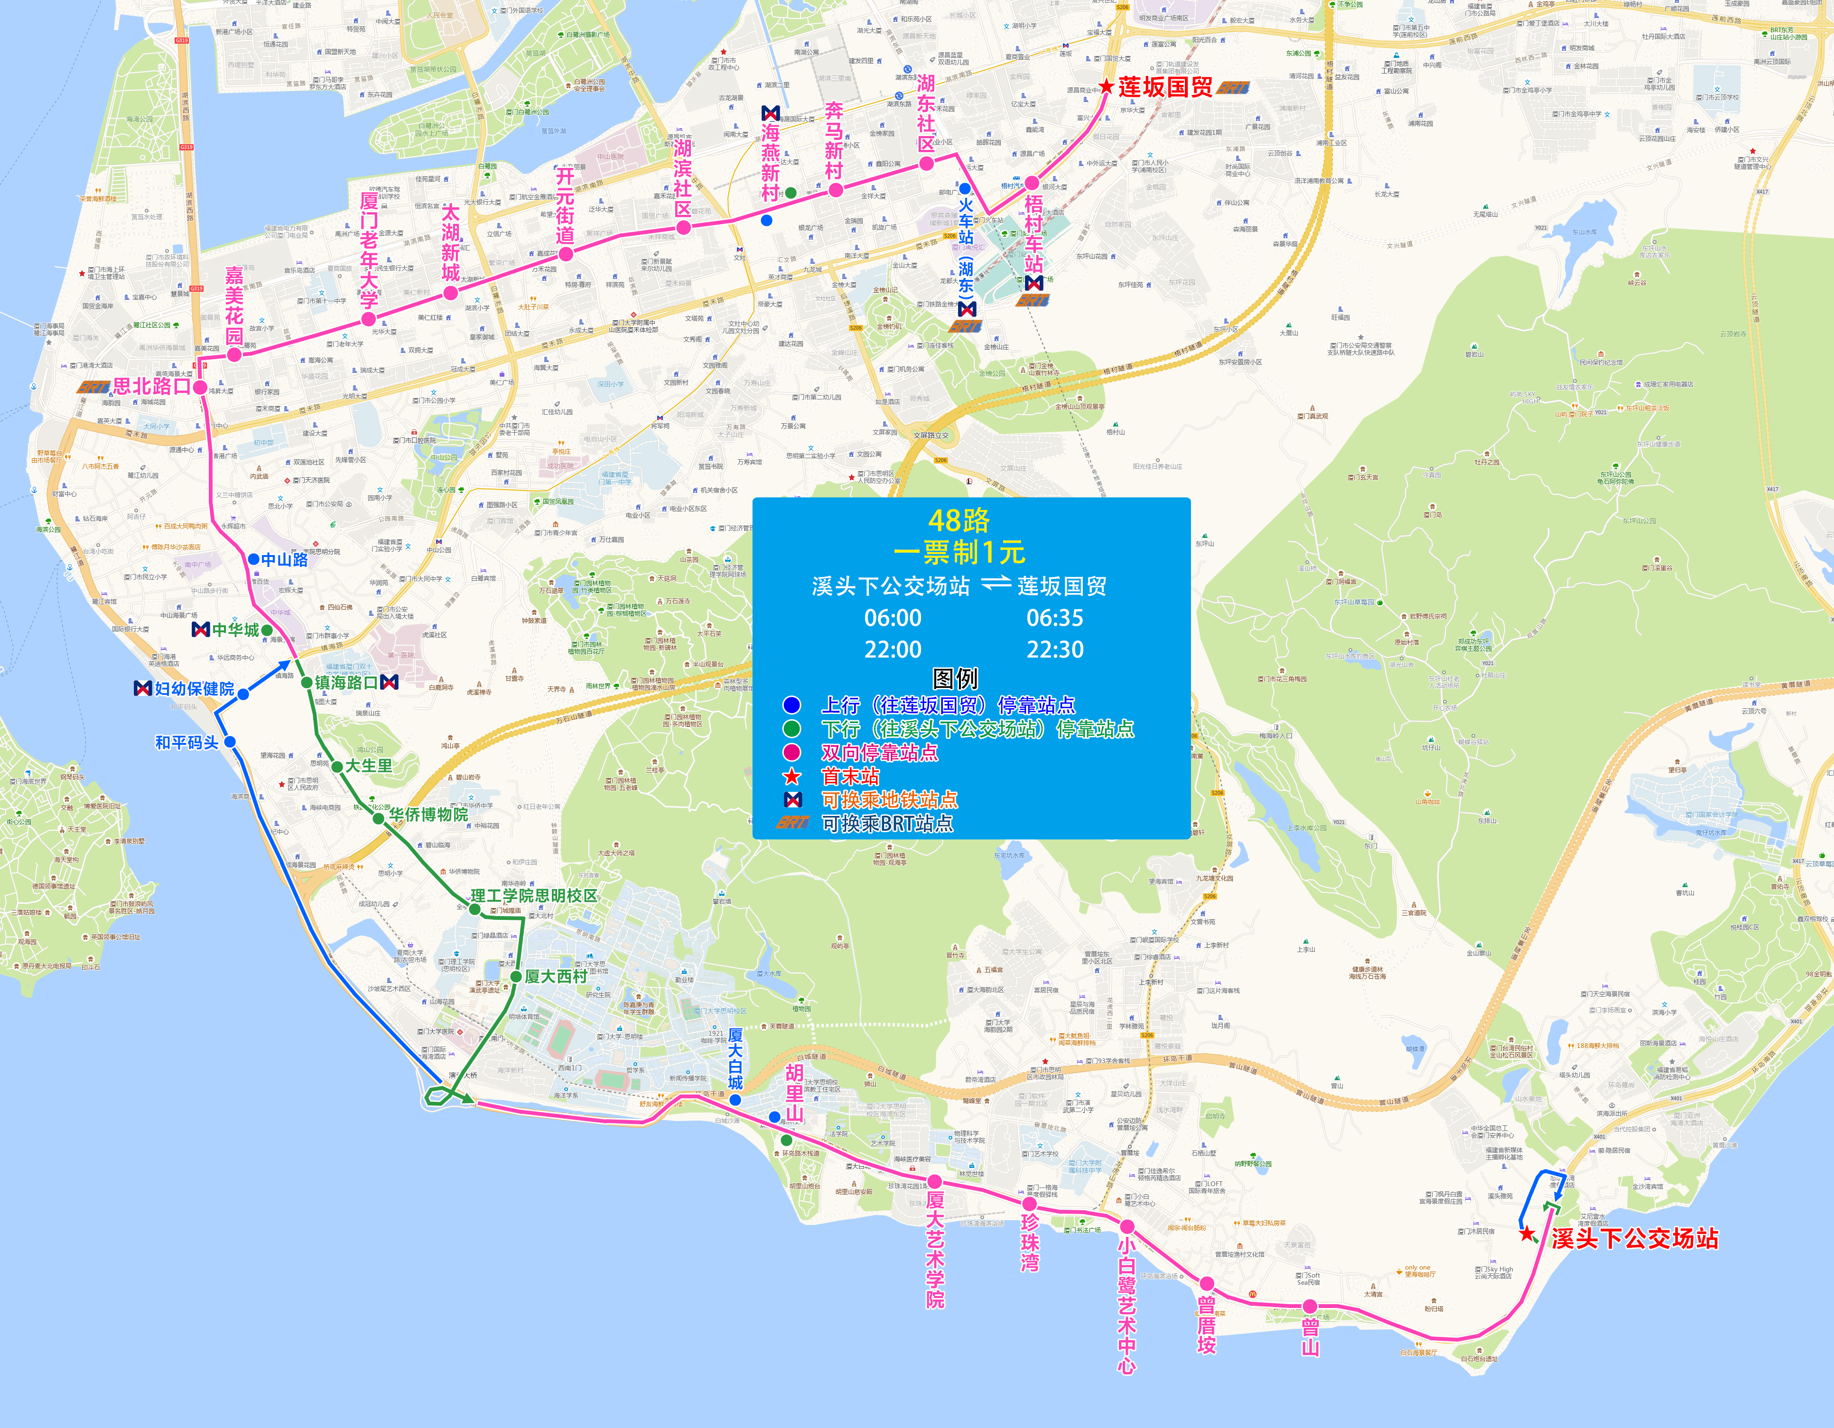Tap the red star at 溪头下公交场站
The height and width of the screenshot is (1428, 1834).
point(1527,1234)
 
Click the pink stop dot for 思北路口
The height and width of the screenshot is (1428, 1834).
point(200,387)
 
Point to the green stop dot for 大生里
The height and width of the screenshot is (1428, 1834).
point(337,767)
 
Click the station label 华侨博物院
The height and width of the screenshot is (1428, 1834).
point(428,814)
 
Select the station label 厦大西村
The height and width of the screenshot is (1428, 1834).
point(556,976)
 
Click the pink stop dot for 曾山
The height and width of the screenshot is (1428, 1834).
point(1310,1306)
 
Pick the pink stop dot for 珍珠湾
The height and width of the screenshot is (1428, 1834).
point(1030,1204)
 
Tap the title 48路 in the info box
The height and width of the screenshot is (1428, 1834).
point(959,520)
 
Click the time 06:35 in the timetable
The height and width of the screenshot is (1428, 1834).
point(1055,618)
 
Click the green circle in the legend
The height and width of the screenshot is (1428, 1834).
point(791,729)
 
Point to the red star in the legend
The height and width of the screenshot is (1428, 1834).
point(791,777)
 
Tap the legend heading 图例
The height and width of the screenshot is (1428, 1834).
point(956,678)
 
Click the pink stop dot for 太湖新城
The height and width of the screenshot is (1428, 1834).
point(451,293)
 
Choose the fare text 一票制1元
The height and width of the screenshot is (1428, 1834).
point(959,552)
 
